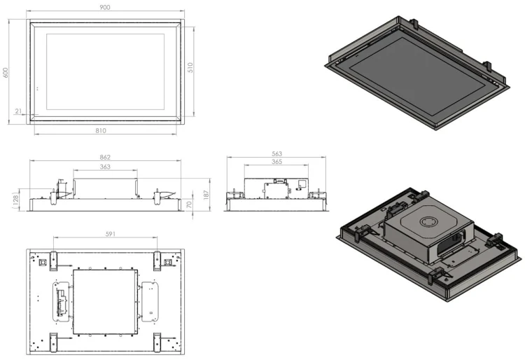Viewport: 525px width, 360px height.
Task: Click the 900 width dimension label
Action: [105, 7]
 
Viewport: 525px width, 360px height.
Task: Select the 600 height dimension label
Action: [6, 73]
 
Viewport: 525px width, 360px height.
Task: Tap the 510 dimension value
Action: [190, 68]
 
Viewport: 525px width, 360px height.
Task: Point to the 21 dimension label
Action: [18, 111]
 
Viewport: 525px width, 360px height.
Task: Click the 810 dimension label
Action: [101, 130]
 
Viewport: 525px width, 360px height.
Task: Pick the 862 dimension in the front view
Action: [105, 157]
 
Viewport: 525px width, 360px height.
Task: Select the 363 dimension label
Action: [105, 167]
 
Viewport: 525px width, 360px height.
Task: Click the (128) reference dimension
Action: [15, 201]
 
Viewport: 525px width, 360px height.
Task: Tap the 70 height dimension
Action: [189, 205]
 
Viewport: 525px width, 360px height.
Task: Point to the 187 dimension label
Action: [206, 195]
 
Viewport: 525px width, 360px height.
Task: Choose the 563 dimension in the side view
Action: [277, 153]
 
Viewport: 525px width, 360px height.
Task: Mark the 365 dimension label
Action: [277, 162]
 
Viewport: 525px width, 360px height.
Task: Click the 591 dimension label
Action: [111, 234]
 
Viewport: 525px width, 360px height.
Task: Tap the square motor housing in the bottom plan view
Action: [105, 302]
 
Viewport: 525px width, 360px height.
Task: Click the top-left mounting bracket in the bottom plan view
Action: [54, 261]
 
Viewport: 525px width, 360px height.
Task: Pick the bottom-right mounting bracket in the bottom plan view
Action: [157, 342]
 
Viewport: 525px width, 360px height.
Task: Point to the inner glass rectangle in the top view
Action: [105, 71]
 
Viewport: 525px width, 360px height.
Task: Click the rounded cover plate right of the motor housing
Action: [150, 302]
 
